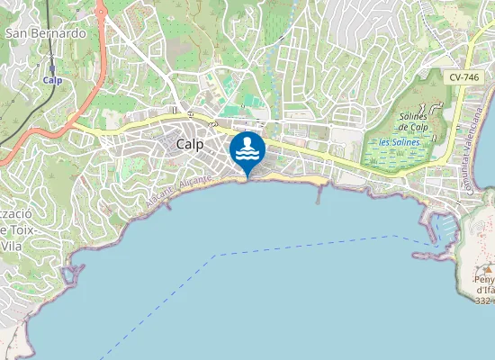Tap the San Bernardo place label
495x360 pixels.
[46, 33]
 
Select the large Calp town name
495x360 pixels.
[190, 144]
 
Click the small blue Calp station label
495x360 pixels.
[52, 79]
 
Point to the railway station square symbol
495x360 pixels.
[52, 67]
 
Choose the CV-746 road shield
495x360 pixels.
[464, 77]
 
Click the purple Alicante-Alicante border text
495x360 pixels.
[180, 192]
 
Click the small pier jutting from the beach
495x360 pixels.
[318, 193]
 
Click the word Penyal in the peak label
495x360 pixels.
[484, 280]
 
